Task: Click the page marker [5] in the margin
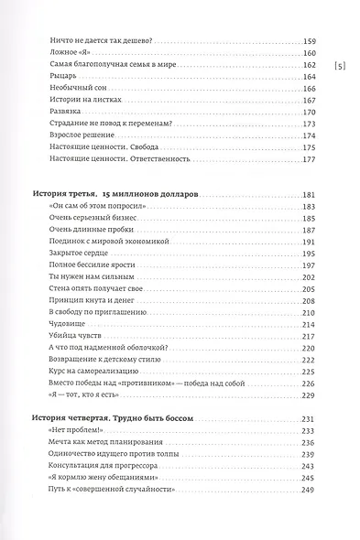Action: (x=339, y=65)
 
